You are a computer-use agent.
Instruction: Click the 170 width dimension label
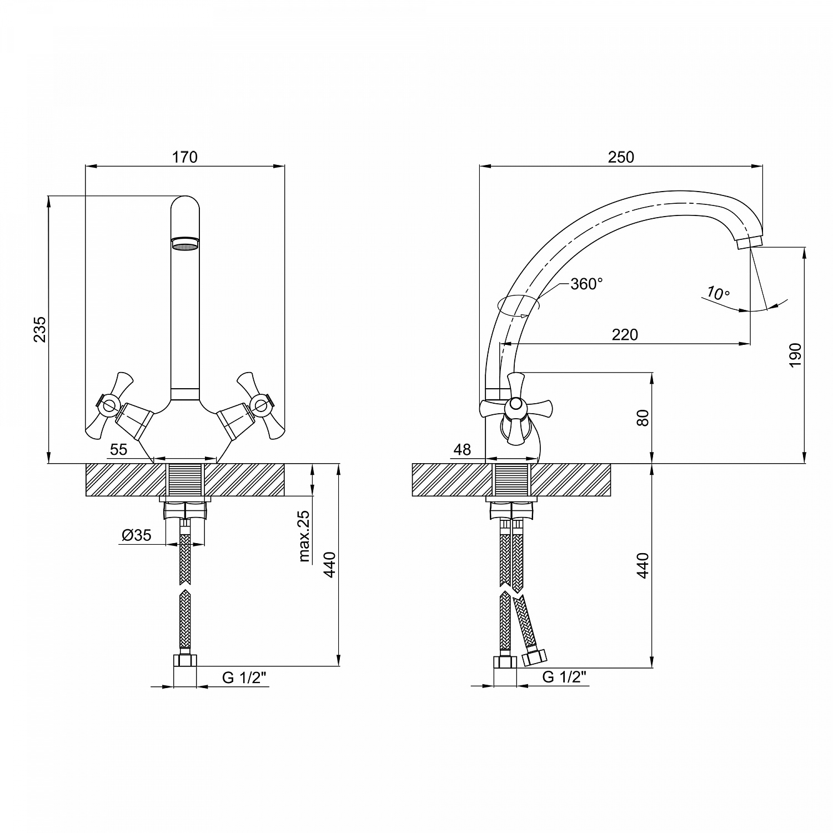coord(185,157)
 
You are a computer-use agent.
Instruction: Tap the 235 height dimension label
coord(39,329)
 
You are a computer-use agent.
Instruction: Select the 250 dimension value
coord(621,157)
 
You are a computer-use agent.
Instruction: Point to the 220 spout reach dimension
coord(625,335)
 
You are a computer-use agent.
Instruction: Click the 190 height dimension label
coord(795,355)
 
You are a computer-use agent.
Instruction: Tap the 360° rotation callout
coord(586,284)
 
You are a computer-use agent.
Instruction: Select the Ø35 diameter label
coord(137,535)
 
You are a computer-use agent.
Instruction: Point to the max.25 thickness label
coord(304,536)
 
